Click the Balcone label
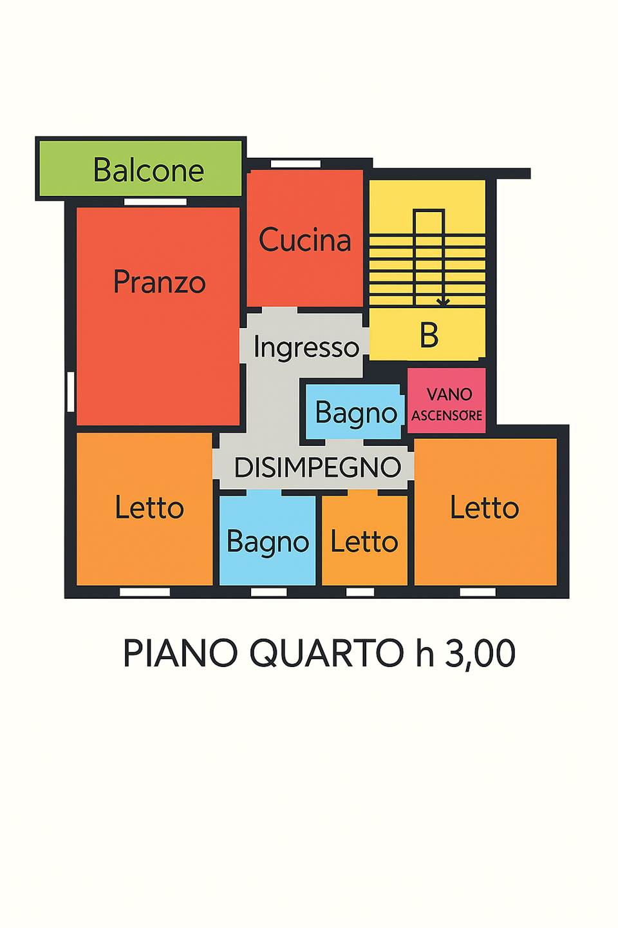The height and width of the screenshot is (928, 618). (148, 170)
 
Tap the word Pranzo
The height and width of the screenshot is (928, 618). (159, 282)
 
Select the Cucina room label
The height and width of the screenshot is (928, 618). (305, 240)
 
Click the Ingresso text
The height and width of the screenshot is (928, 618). (306, 347)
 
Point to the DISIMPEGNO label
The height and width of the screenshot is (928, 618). (317, 467)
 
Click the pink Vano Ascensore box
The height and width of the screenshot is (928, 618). (447, 403)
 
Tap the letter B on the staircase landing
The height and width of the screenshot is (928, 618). (429, 335)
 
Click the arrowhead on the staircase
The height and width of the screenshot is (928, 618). (443, 301)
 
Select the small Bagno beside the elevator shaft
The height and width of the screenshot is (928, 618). (355, 413)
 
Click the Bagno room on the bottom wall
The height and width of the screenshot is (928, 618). (268, 541)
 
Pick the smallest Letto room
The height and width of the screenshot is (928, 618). (364, 541)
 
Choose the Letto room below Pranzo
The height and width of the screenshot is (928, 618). (149, 508)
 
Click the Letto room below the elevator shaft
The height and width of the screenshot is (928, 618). (484, 508)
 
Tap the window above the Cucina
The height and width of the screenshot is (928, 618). (295, 164)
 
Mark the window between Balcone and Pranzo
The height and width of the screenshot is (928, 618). (155, 202)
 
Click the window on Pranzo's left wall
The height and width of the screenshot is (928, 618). (71, 391)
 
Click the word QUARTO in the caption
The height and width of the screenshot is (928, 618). (327, 653)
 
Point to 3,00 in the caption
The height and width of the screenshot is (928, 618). (480, 653)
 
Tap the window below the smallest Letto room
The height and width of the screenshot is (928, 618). (360, 592)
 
